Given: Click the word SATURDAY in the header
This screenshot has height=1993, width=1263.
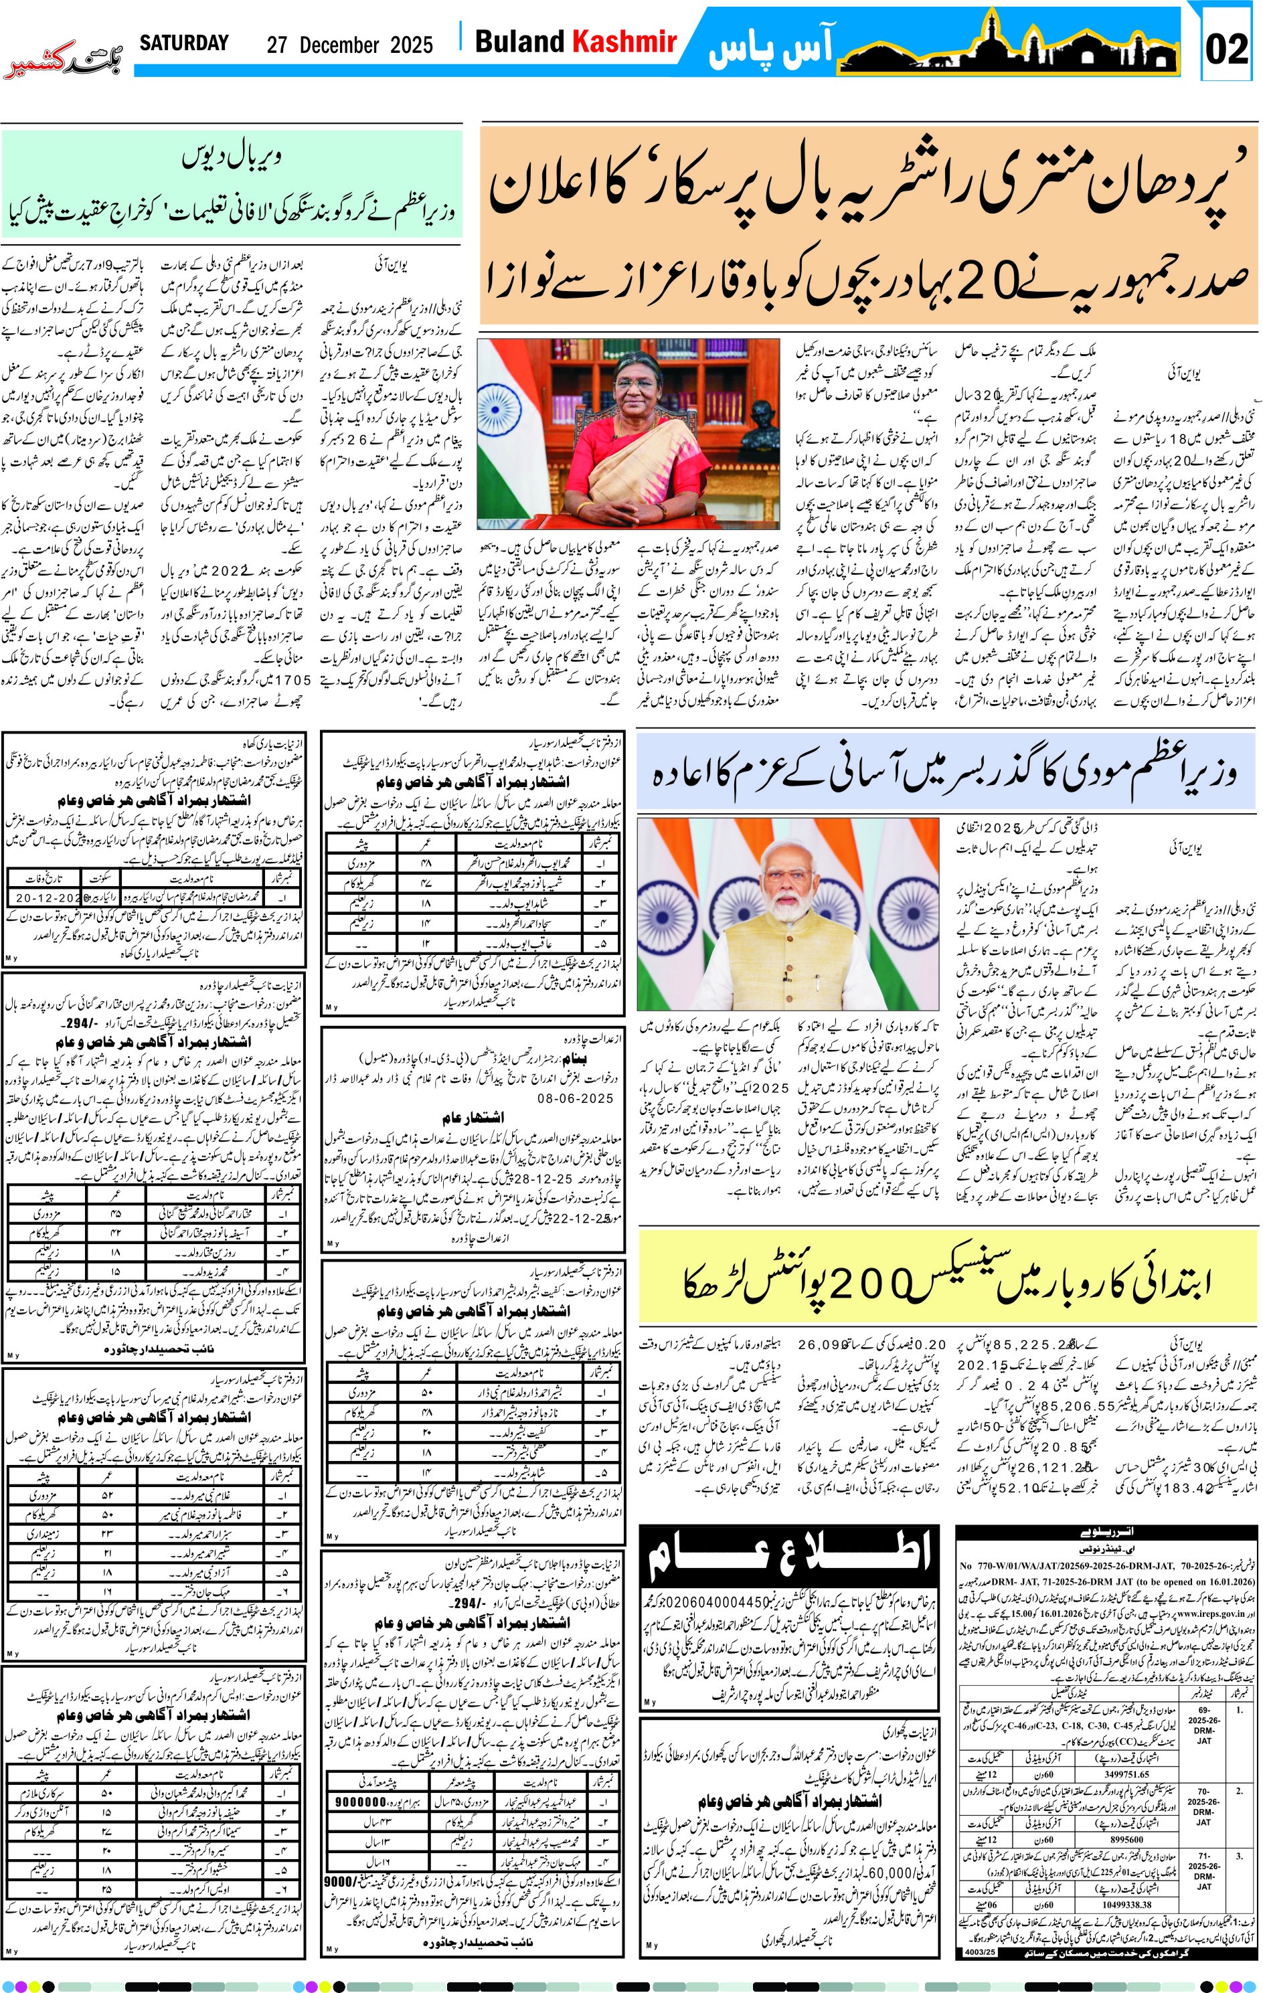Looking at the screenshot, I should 184,43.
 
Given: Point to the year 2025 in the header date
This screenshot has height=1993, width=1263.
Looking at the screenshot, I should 412,45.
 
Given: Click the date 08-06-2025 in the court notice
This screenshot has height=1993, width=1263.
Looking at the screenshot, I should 575,1098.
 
